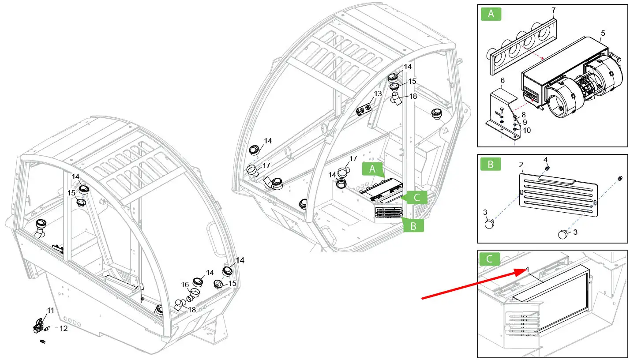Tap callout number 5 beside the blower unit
pyautogui.click(x=603, y=33)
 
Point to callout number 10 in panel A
pyautogui.click(x=527, y=130)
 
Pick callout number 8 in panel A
pyautogui.click(x=524, y=115)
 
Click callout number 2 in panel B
pyautogui.click(x=521, y=165)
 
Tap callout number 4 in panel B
pyautogui.click(x=545, y=159)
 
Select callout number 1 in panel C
pyautogui.click(x=527, y=270)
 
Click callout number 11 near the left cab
pyautogui.click(x=51, y=311)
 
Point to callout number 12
pyautogui.click(x=64, y=328)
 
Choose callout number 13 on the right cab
pyautogui.click(x=377, y=94)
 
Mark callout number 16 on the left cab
pyautogui.click(x=185, y=285)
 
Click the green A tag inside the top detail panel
pyautogui.click(x=491, y=14)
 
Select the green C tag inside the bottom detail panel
pyautogui.click(x=489, y=259)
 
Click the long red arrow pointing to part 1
pyautogui.click(x=472, y=284)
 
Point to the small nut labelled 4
pyautogui.click(x=546, y=168)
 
